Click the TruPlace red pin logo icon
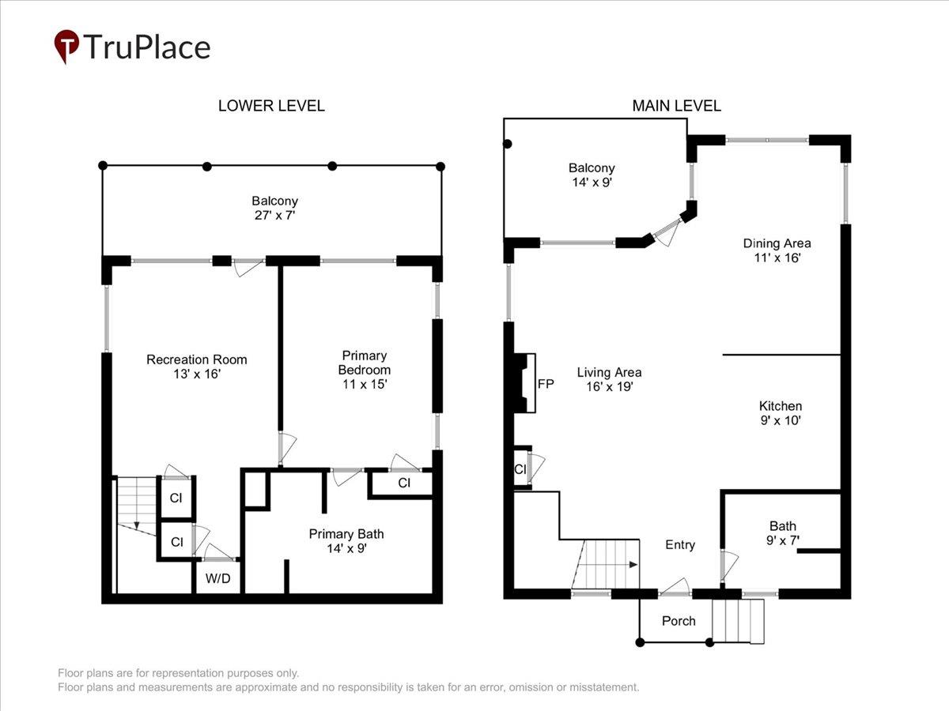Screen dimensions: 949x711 click(66, 46)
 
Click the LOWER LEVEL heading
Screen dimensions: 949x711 click(271, 106)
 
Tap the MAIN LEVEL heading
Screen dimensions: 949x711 click(677, 106)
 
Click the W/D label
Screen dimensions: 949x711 click(218, 578)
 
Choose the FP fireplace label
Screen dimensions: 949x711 click(546, 384)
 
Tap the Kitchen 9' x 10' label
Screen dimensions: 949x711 click(781, 413)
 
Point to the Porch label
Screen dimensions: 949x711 click(679, 621)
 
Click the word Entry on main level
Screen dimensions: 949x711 click(680, 545)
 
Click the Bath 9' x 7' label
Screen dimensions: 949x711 click(783, 532)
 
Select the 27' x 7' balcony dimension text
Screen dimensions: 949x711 click(274, 215)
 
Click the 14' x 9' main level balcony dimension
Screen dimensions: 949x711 click(592, 182)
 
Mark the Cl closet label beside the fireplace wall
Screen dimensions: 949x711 click(520, 468)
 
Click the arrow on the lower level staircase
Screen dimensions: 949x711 click(137, 524)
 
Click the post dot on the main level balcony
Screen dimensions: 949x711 click(508, 144)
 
